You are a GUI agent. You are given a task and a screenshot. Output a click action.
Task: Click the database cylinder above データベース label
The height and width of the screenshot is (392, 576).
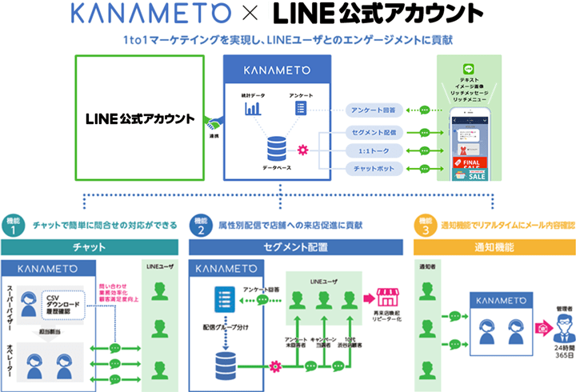[x=278, y=148]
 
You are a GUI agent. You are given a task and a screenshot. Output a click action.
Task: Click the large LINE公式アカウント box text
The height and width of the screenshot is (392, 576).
[x=140, y=119]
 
